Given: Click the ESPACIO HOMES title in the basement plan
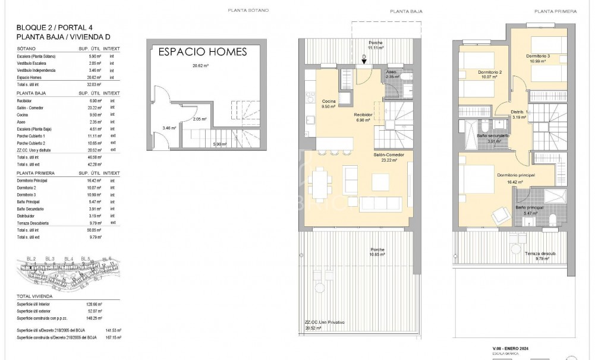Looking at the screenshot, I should click(202, 52).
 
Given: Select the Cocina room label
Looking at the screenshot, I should click(329, 102).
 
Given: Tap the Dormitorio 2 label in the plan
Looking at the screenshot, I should click(490, 72).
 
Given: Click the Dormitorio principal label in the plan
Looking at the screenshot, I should click(515, 175).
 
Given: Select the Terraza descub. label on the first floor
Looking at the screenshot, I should click(540, 253).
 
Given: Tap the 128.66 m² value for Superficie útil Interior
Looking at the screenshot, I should click(96, 303).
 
